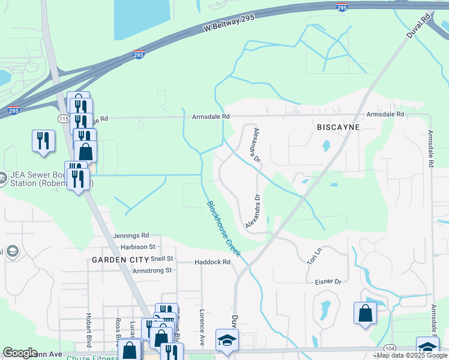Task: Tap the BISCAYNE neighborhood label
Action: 338,128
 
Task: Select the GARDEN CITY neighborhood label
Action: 120,260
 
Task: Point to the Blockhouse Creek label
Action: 224,229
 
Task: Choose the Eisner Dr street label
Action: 328,281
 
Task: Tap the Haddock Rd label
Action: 212,262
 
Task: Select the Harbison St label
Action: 137,247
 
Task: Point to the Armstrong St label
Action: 152,271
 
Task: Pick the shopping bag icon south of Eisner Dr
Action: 365,313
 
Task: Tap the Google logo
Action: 20,353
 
